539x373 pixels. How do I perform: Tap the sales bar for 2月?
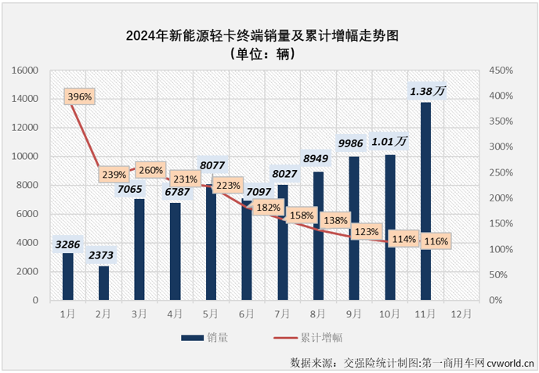pyautogui.click(x=103, y=283)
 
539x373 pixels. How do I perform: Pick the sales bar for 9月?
pyautogui.click(x=354, y=228)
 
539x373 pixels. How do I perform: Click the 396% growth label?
pyautogui.click(x=79, y=97)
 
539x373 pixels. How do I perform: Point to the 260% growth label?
pyautogui.click(x=150, y=170)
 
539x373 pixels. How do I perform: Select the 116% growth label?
pyautogui.click(x=435, y=241)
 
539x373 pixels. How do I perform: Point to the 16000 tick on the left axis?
pyautogui.click(x=26, y=71)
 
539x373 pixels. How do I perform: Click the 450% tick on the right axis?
pyautogui.click(x=501, y=71)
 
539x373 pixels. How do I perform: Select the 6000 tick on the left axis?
pyautogui.click(x=29, y=214)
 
